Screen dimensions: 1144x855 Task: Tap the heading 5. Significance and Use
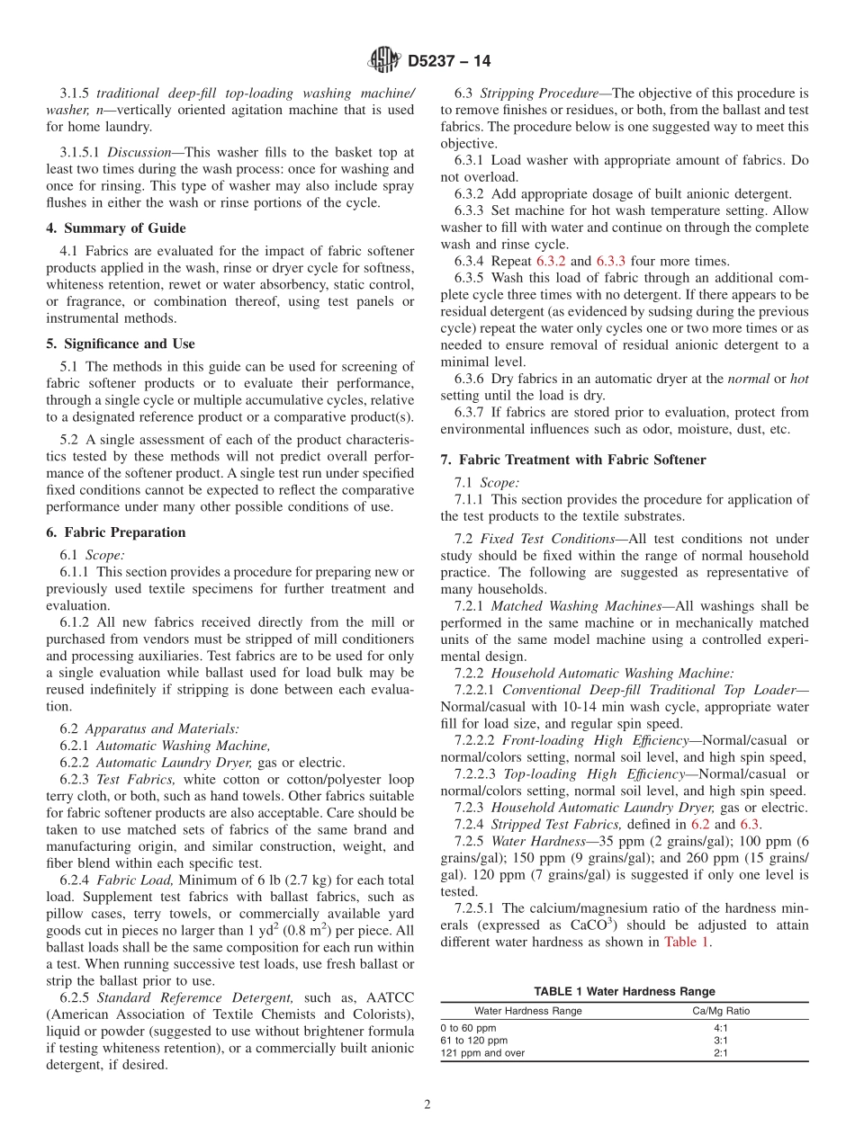point(120,344)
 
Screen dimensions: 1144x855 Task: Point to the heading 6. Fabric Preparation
point(116,532)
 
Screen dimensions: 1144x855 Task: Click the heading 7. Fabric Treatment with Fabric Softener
point(572,460)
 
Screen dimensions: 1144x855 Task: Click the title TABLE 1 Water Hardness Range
point(624,991)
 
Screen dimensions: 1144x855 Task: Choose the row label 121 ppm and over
point(481,1053)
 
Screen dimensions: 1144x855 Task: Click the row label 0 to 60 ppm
point(467,1027)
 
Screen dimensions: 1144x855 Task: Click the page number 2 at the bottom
point(427,1105)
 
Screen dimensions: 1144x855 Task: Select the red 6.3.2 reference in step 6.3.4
point(551,261)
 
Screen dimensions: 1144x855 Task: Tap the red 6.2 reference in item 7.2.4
point(699,824)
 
